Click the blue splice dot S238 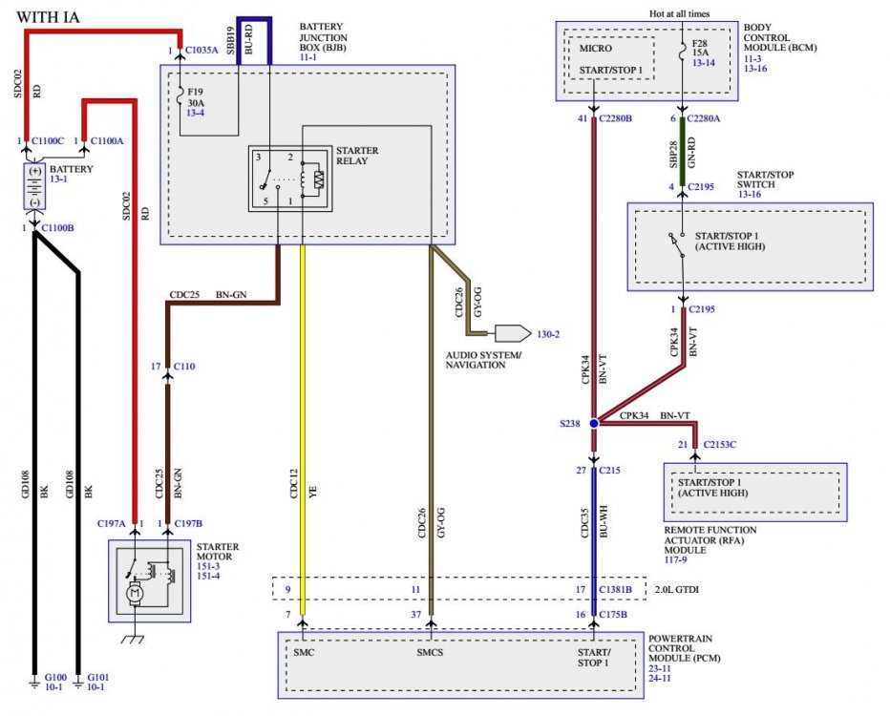[594, 423]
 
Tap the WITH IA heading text [49, 17]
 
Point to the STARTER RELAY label [357, 156]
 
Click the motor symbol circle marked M [135, 594]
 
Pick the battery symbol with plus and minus [34, 186]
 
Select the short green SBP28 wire [682, 151]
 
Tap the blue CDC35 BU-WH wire [594, 540]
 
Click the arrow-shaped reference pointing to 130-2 [513, 333]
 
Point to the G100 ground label [55, 677]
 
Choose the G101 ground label [98, 677]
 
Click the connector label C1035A [201, 50]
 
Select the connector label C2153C [720, 444]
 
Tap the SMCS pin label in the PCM [430, 652]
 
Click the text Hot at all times [679, 13]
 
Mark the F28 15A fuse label [700, 48]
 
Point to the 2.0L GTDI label [677, 589]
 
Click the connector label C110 [184, 367]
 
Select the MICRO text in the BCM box [596, 49]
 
